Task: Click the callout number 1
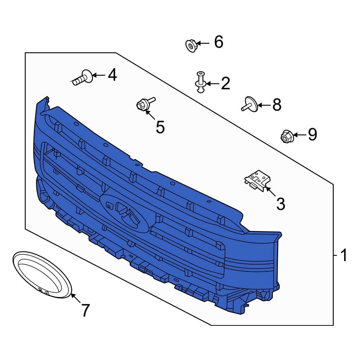click(343, 255)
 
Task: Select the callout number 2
click(225, 84)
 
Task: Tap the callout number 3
click(280, 204)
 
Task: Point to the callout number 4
click(112, 75)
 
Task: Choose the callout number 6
click(219, 42)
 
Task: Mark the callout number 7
click(85, 310)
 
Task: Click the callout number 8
click(277, 105)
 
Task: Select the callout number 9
click(312, 134)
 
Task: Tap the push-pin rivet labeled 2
click(200, 82)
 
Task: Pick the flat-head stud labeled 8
click(250, 104)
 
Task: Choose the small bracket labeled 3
click(257, 180)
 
